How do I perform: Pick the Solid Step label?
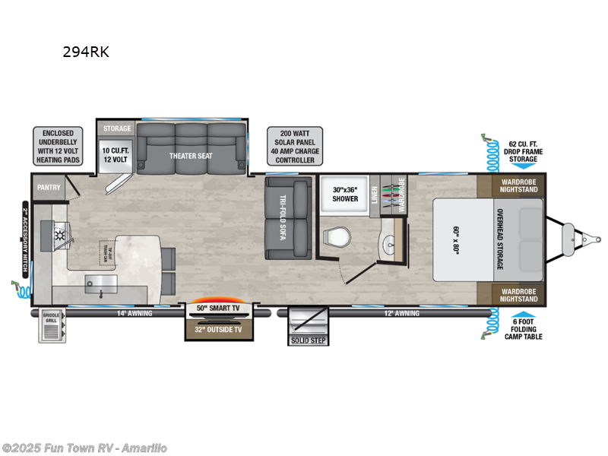point(308,340)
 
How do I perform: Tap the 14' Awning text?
point(135,313)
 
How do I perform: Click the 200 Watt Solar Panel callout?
point(295,146)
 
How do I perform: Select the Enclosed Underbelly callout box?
point(58,146)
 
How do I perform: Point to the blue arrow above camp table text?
point(523,318)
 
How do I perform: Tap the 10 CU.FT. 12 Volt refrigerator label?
point(117,155)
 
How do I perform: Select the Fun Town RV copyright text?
point(85,448)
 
